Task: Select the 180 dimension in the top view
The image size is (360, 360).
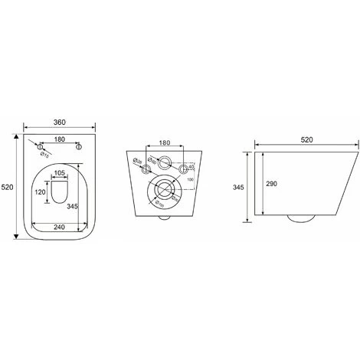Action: coord(58,139)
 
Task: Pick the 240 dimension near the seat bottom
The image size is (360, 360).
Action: coord(58,227)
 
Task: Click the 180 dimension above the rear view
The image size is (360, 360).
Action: coord(163,143)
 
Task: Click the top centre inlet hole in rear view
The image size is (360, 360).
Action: coord(163,161)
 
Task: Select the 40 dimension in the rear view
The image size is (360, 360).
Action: coord(191,166)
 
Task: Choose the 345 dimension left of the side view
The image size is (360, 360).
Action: coord(238,186)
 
